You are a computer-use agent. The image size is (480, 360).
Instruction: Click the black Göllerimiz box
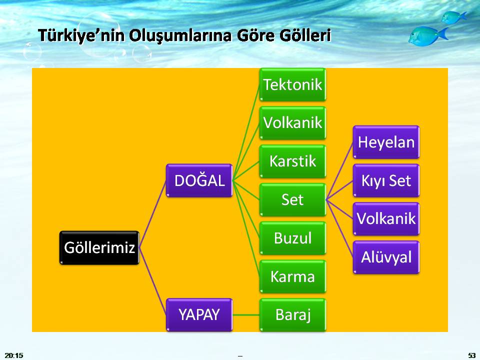99,247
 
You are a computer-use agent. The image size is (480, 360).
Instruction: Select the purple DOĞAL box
199,180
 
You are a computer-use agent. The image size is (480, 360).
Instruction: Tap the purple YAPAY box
199,314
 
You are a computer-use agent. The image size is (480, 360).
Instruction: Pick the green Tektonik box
292,84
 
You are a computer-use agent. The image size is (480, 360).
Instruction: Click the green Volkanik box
292,122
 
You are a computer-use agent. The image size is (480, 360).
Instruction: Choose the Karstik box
292,161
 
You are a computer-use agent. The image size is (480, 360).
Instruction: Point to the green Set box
292,199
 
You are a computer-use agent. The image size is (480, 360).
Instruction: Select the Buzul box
292,238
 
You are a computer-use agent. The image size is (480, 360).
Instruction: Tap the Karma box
292,276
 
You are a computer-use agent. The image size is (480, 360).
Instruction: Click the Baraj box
292,314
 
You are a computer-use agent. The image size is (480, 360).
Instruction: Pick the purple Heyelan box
386,142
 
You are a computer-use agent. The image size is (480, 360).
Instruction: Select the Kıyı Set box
386,180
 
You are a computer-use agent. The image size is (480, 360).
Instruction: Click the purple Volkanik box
386,218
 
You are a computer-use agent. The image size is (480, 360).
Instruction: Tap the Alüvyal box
386,257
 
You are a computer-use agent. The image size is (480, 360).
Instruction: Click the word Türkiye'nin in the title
81,36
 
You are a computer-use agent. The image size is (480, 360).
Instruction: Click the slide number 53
471,355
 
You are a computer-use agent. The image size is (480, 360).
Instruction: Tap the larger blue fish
426,35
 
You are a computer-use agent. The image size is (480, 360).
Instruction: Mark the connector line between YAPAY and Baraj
246,314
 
